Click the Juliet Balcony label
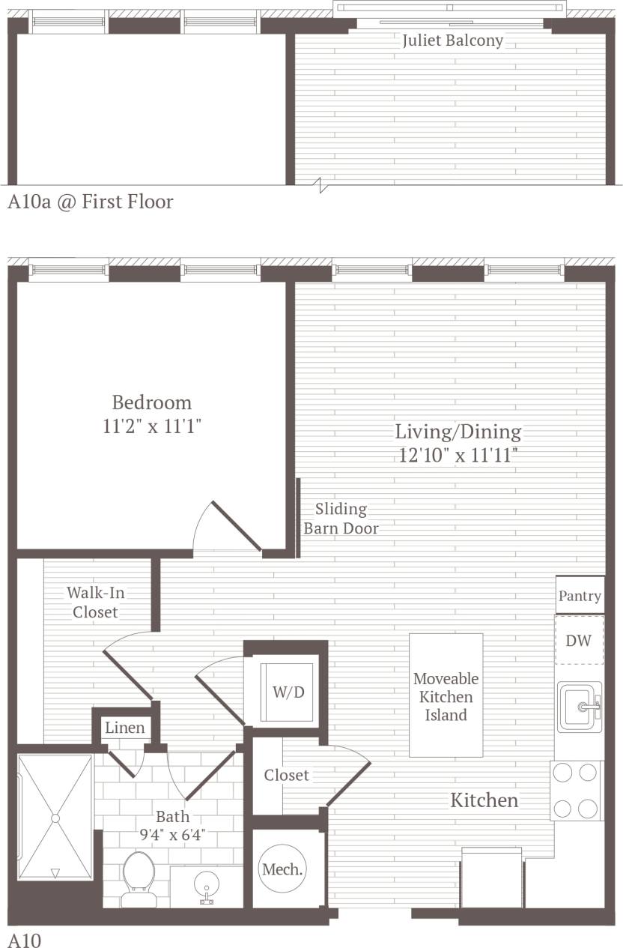pyautogui.click(x=452, y=40)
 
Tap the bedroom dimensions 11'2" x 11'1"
pyautogui.click(x=152, y=427)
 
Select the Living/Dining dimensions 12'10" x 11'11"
pyautogui.click(x=458, y=455)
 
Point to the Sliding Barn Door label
pyautogui.click(x=341, y=519)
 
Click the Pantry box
pyautogui.click(x=580, y=596)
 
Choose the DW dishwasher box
pyautogui.click(x=579, y=640)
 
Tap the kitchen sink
pyautogui.click(x=580, y=707)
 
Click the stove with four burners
pyautogui.click(x=577, y=791)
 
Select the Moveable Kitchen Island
pyautogui.click(x=446, y=696)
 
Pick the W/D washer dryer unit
pyautogui.click(x=288, y=692)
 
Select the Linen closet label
pyautogui.click(x=124, y=728)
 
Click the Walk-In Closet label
pyautogui.click(x=95, y=602)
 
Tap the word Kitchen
pyautogui.click(x=484, y=800)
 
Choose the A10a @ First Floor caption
pyautogui.click(x=91, y=202)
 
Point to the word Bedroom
pyautogui.click(x=151, y=402)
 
